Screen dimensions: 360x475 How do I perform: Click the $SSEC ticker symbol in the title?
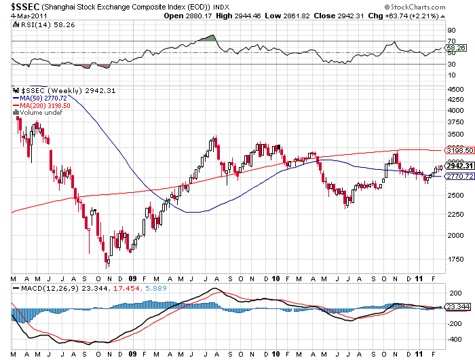coord(21,6)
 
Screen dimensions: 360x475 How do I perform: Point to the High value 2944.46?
coord(244,16)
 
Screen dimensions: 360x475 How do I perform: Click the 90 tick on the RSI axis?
coord(451,31)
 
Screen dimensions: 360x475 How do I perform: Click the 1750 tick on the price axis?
coord(453,259)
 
